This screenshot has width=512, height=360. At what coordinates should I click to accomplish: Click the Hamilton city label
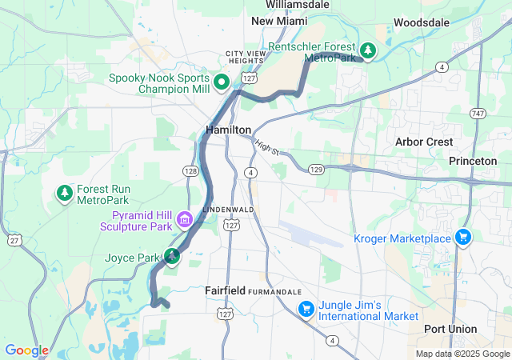coord(228,129)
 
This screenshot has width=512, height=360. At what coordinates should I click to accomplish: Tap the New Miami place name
coord(279,21)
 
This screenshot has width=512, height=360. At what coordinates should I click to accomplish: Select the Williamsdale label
coord(298,4)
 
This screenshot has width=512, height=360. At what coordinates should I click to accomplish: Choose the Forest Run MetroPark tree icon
coord(64,193)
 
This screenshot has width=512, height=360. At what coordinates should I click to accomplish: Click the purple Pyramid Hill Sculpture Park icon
coord(185,218)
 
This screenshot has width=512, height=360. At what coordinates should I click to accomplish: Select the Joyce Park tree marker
coord(172,257)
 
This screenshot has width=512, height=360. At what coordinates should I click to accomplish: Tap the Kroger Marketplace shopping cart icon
coord(462,238)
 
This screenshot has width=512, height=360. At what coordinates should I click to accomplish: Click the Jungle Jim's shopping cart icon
coord(305,308)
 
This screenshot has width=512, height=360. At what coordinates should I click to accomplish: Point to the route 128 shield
coord(190,171)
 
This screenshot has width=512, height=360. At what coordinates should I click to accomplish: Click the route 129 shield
coord(316,170)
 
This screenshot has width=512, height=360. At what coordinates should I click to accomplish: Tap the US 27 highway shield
coord(14,238)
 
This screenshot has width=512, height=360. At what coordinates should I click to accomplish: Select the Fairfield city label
coord(225,290)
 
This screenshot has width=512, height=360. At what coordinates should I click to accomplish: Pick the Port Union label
coord(450,329)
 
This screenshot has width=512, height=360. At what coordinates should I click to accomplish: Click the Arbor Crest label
coord(424,142)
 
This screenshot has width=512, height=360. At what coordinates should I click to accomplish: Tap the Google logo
coord(26,350)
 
